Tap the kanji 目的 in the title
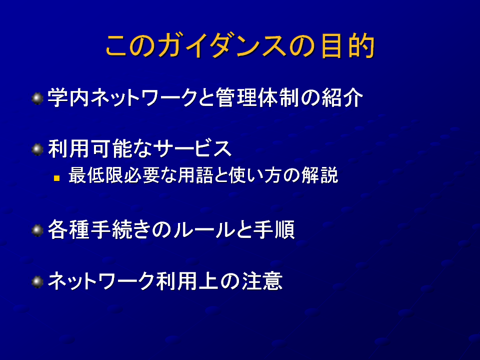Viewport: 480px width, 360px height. (348, 46)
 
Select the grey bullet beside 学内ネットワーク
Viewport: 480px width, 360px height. (37, 98)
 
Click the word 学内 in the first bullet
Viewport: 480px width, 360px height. (68, 98)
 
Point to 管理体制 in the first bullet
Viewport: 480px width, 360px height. (257, 98)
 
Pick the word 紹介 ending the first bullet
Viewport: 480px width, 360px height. (342, 98)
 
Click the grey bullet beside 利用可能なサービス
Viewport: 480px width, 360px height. (37, 149)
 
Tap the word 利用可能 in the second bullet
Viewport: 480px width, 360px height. (89, 149)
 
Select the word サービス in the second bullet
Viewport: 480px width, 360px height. (192, 149)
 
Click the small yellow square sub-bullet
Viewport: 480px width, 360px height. (56, 178)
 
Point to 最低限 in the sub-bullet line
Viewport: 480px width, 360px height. (95, 175)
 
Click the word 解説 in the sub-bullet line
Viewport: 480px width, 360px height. (320, 175)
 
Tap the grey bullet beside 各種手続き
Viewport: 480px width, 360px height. (37, 230)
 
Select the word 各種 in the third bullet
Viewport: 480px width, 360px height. (68, 229)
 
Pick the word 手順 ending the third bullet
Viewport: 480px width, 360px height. (274, 229)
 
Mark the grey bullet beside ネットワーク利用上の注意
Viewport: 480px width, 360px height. (37, 282)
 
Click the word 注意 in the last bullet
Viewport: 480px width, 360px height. (262, 281)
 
